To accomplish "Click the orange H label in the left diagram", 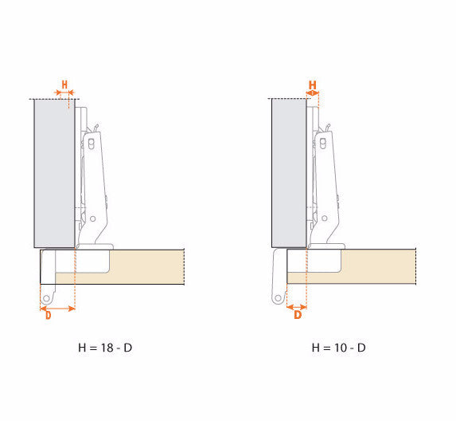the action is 64,85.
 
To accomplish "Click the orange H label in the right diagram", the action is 312,85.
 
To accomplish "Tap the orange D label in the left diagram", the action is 49,315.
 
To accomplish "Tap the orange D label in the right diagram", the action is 298,315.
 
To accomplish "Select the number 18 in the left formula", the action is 107,348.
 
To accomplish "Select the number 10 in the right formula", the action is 341,348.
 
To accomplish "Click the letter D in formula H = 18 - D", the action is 128,348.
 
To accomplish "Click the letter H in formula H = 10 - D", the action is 315,348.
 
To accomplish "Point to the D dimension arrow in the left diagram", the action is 57,309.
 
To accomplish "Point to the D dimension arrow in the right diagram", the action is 296,307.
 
